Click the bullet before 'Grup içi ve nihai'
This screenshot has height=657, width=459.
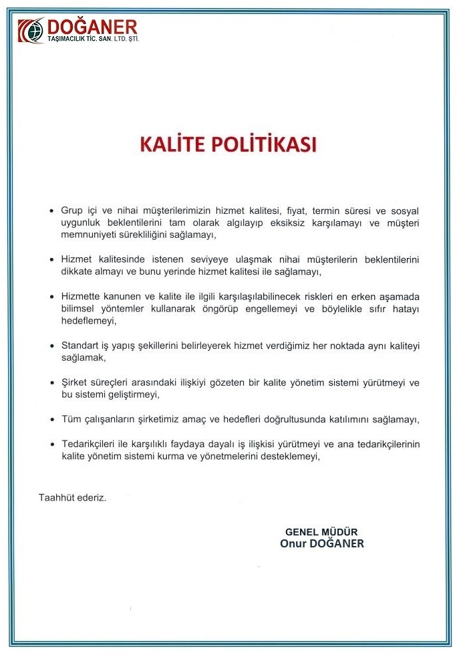coord(52,211)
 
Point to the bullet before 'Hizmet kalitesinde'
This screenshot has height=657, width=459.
coord(52,259)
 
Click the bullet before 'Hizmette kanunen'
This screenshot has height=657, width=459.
coord(52,296)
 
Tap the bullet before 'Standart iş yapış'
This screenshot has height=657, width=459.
coord(52,346)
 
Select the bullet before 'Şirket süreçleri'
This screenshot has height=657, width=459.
coord(52,382)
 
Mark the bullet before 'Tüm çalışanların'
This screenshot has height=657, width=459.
coord(52,419)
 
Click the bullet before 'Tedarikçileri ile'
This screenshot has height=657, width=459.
coord(52,444)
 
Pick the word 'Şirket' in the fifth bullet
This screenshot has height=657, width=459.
coord(75,382)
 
